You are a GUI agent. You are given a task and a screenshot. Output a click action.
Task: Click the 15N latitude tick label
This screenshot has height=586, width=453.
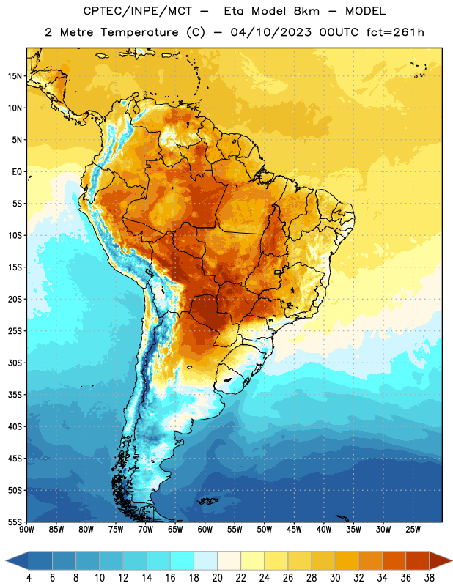(x=15, y=76)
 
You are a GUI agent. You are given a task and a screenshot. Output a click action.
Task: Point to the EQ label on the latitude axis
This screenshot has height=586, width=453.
(x=17, y=172)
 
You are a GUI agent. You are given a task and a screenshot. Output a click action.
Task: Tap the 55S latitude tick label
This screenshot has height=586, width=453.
(x=15, y=522)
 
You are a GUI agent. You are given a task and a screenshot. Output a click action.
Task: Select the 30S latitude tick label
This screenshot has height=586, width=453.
(x=15, y=363)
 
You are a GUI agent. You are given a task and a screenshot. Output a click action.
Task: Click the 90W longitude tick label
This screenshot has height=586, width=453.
(x=26, y=529)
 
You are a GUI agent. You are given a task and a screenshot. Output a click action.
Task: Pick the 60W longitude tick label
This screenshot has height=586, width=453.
(x=205, y=529)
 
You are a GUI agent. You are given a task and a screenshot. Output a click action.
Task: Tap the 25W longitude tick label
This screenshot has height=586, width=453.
(x=413, y=529)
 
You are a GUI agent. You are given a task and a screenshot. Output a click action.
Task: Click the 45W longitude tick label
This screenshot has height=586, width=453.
(x=295, y=529)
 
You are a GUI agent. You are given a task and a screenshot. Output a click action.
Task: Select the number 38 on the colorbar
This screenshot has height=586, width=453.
(x=430, y=578)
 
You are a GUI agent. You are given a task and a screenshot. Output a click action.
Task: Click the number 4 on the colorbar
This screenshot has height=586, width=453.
(x=29, y=578)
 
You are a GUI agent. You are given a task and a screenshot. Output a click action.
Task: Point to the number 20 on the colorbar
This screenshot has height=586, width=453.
(x=217, y=578)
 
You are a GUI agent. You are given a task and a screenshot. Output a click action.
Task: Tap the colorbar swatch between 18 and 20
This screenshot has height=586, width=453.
(x=206, y=560)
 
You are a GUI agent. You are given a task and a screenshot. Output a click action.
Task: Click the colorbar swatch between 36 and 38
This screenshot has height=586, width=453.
(x=418, y=560)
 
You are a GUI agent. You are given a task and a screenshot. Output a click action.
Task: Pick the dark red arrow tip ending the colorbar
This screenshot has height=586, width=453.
(x=441, y=560)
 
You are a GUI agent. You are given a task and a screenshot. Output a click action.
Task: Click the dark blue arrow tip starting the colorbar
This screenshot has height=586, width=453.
(x=17, y=560)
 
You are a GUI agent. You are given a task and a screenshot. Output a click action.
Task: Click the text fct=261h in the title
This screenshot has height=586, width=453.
(x=395, y=32)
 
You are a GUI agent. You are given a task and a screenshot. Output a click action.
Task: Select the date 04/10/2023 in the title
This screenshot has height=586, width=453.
(x=270, y=32)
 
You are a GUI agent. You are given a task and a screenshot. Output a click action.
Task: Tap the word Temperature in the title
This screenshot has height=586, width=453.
(x=139, y=32)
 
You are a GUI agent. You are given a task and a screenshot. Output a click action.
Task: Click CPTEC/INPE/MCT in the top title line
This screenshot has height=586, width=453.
(x=137, y=11)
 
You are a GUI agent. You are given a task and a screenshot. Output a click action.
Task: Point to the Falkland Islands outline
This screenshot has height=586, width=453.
(x=208, y=501)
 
